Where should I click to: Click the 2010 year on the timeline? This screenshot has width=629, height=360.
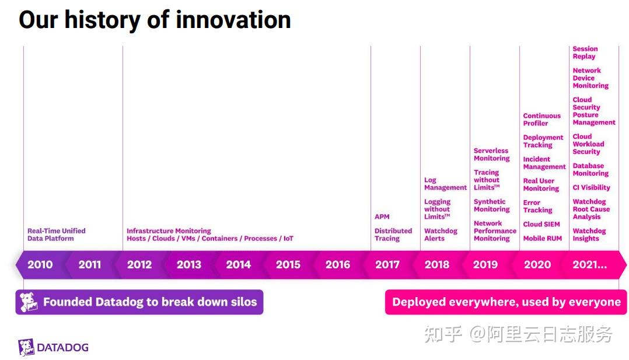(40, 264)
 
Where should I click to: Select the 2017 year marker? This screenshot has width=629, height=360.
(387, 264)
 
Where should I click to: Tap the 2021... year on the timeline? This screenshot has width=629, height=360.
(589, 264)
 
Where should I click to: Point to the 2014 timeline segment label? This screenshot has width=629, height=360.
(238, 264)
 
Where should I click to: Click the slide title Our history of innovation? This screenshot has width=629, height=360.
(155, 20)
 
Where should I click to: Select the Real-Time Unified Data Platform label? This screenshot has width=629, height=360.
(56, 235)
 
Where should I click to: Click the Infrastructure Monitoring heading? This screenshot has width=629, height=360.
(169, 231)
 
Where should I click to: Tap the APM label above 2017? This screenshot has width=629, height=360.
(382, 216)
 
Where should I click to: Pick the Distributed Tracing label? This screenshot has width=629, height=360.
(393, 235)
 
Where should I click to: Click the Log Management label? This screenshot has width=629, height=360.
(445, 184)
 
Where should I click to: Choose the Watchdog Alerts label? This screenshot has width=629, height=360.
(441, 235)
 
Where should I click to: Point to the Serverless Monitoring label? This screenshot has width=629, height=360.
(491, 155)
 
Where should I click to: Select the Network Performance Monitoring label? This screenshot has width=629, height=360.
(495, 231)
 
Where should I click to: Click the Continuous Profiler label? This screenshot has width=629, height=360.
(541, 120)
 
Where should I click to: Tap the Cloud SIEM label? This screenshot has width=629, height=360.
(541, 224)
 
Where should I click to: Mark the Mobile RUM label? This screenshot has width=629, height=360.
(542, 238)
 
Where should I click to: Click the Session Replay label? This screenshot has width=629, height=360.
(585, 53)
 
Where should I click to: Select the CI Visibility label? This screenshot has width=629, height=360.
(591, 187)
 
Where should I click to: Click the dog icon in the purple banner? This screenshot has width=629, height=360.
(29, 302)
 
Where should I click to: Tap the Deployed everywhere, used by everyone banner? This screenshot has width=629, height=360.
(506, 302)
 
